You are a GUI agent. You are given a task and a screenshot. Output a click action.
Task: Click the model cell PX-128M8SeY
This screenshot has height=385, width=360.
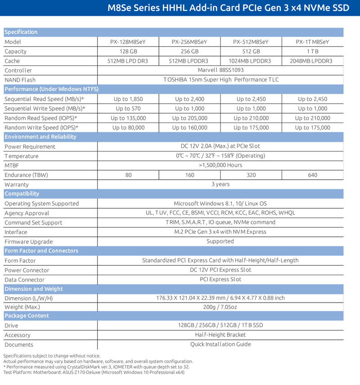pos(128,42)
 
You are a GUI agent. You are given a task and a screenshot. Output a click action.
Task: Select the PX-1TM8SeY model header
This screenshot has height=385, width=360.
pos(312,42)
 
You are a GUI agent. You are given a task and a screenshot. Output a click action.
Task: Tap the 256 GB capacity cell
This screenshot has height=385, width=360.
pos(189,51)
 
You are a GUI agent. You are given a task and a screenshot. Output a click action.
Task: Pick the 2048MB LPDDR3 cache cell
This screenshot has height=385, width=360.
pos(312,61)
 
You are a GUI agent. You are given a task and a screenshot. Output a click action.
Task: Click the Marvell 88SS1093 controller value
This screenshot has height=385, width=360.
pos(220,70)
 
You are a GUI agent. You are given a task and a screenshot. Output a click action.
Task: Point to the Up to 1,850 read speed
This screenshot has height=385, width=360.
pos(128,99)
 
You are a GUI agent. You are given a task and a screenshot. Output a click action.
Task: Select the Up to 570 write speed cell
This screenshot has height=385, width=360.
pos(128,109)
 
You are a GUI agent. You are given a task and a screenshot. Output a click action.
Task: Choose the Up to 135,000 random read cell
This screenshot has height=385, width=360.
pos(128,118)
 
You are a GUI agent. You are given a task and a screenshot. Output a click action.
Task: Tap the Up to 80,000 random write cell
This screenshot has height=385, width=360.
pos(128,127)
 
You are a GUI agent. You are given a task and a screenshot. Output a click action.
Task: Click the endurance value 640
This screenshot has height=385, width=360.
pos(312,175)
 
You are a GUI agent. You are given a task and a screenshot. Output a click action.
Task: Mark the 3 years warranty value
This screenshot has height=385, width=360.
pos(220,184)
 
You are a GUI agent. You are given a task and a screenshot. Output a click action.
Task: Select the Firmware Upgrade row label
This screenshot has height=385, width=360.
pos(28,241)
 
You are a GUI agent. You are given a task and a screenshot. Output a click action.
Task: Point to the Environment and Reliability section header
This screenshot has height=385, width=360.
pos(40,137)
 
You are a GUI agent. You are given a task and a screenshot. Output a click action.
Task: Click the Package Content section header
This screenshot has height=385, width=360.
pos(27,316)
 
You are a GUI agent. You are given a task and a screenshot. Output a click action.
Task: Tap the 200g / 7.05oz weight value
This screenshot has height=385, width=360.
pos(220,307)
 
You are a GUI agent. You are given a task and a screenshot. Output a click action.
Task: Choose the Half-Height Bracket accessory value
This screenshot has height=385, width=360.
pos(220,335)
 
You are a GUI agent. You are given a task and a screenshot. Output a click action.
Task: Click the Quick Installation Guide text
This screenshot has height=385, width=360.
pos(220,344)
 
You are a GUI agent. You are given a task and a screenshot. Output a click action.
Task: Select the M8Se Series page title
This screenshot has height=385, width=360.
pos(229,8)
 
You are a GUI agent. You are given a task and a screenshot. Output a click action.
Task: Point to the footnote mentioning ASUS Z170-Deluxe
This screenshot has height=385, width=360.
pos(94,372)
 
